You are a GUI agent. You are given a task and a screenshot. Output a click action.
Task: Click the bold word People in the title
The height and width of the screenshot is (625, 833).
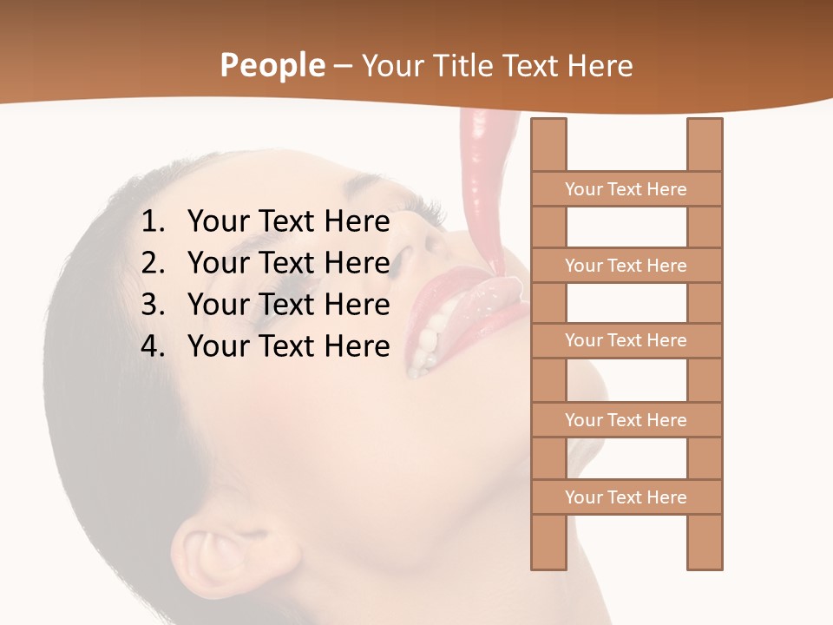272,66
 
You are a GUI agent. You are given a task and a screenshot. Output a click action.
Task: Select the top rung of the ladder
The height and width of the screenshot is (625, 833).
626,189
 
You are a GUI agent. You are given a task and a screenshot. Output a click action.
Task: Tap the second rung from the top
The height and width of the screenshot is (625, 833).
626,266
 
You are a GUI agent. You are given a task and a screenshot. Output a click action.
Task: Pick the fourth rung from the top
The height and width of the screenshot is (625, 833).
626,420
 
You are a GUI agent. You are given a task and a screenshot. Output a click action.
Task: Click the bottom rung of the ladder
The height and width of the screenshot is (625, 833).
626,497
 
